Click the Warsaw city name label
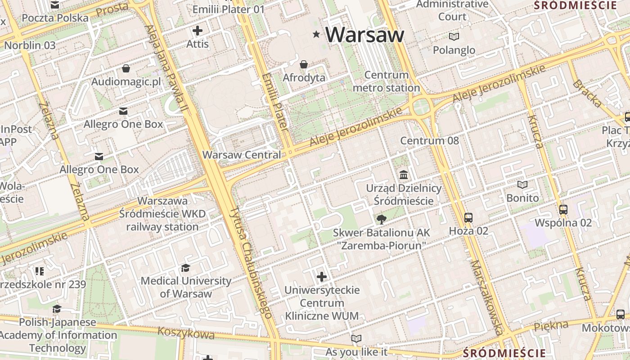click(364, 35)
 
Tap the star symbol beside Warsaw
click(316, 34)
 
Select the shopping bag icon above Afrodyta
click(304, 64)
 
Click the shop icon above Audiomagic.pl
click(126, 68)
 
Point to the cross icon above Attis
click(197, 31)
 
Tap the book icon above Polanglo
click(454, 36)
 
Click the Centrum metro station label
click(386, 81)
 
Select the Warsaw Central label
click(242, 155)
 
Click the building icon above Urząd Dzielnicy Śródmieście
click(404, 175)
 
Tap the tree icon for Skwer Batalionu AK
click(382, 219)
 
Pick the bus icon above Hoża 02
click(468, 218)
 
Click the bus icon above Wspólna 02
click(563, 210)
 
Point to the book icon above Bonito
click(522, 184)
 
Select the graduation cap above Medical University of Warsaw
click(185, 268)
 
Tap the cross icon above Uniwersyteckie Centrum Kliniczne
click(322, 276)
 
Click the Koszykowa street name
click(186, 333)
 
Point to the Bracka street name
click(587, 94)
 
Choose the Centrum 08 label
click(429, 140)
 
